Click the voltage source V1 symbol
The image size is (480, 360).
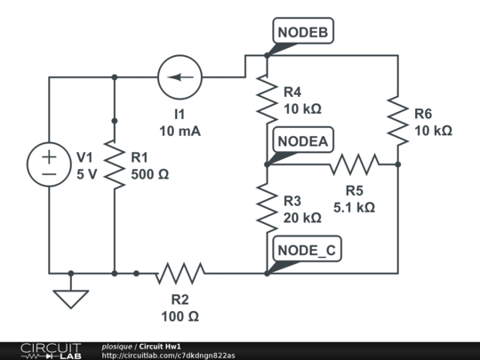coord(49,164)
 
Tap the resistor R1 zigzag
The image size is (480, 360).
coord(115,164)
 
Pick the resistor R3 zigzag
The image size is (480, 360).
coord(267,207)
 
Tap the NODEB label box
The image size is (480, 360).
coord(303,33)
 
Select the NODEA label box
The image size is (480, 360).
coord(303,141)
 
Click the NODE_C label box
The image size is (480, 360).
coord(307,251)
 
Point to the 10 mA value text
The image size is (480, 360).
coord(180,131)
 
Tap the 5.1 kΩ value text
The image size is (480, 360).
coord(354,207)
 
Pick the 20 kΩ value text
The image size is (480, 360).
coord(302,217)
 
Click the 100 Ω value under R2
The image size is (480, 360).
coord(180,316)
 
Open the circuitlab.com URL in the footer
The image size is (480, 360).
coord(168,355)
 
